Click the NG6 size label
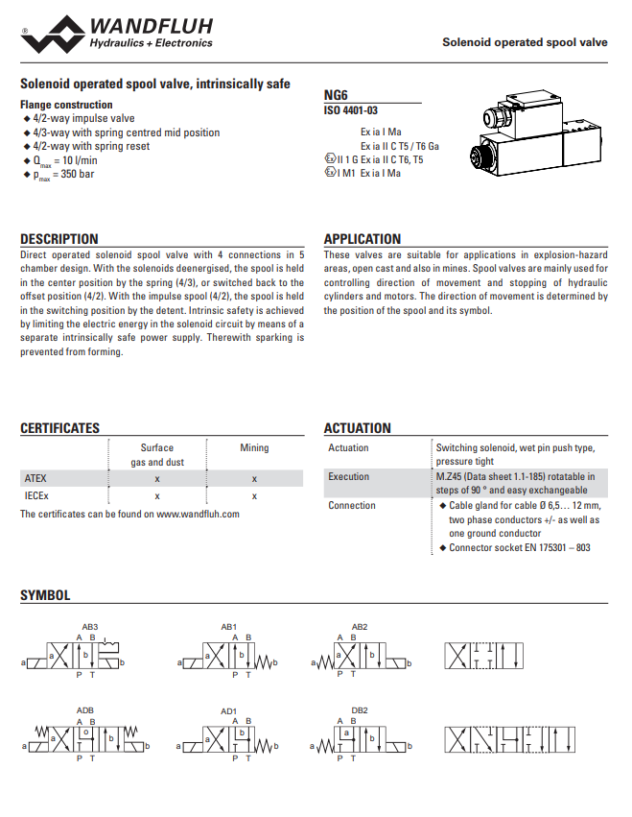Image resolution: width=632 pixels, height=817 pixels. [x=336, y=96]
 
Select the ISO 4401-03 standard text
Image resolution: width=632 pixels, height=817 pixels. [x=350, y=110]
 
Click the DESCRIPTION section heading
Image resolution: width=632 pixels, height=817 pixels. [x=59, y=239]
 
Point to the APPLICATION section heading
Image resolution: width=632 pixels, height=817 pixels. [x=363, y=239]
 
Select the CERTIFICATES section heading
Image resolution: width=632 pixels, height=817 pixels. [x=59, y=428]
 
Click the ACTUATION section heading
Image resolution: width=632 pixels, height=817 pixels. [x=357, y=428]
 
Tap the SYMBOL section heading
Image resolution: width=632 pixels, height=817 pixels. [x=45, y=595]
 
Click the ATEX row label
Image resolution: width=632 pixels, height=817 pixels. [x=35, y=477]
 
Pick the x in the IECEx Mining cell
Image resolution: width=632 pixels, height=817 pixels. [x=254, y=495]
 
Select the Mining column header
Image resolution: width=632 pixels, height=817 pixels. [x=254, y=447]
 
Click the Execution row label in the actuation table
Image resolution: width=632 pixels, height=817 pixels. [x=348, y=476]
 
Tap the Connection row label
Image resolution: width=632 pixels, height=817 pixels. [x=352, y=505]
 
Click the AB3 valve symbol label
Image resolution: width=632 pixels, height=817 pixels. [x=90, y=626]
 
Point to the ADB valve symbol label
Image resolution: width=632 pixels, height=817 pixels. [x=85, y=710]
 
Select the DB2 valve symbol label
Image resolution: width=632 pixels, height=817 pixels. [x=360, y=710]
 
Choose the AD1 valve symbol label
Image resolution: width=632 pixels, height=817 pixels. [x=228, y=710]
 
